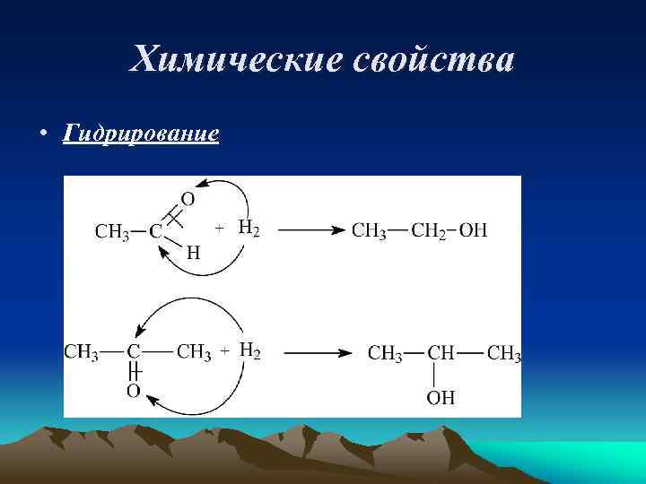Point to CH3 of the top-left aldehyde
[112, 231]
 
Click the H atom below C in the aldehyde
[193, 254]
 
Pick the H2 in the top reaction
[249, 229]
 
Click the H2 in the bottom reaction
[250, 351]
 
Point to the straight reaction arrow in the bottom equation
[319, 353]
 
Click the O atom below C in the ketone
[133, 392]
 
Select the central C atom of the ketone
[133, 352]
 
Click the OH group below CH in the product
[441, 397]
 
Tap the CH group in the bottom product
[441, 353]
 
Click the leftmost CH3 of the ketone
[82, 352]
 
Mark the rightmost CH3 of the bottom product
[503, 353]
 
